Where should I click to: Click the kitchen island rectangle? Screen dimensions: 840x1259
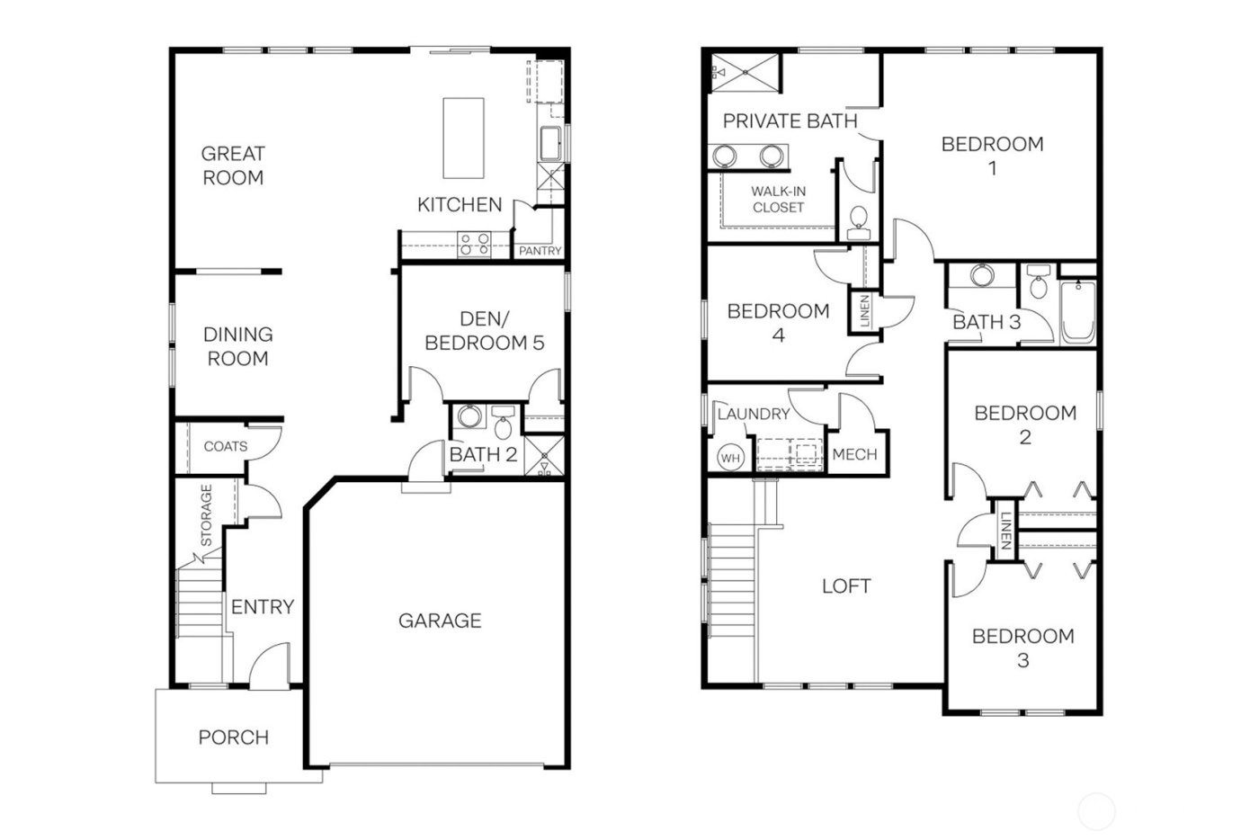(463, 138)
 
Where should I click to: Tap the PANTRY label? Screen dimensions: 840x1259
(540, 251)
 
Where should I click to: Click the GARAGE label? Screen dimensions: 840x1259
(440, 621)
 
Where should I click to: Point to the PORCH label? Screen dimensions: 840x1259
(233, 737)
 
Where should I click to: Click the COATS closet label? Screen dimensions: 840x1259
(225, 446)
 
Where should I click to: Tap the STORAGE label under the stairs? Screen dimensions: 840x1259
(207, 515)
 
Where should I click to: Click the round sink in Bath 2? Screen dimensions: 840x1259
(469, 417)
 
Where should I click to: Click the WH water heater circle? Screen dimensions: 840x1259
(730, 458)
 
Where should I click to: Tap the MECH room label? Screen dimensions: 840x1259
(853, 454)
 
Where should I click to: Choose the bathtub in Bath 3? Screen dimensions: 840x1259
(1077, 312)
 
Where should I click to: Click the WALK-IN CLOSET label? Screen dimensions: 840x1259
(778, 199)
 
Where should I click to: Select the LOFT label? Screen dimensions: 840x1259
(846, 586)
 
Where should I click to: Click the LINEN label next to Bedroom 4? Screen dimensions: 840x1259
(864, 311)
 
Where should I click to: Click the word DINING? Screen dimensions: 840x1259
(237, 335)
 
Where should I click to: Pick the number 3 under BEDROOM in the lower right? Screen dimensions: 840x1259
(1022, 660)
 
